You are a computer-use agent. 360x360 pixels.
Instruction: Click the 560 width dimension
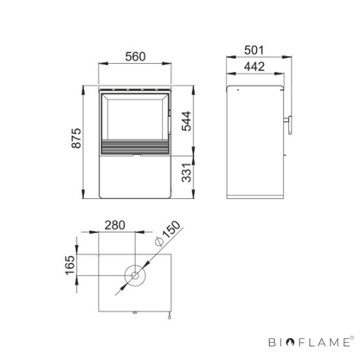click(x=135, y=57)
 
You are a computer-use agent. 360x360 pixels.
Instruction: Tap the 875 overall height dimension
click(x=76, y=138)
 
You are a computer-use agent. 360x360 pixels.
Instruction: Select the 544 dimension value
click(x=186, y=121)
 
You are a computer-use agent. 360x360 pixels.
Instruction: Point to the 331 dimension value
click(x=187, y=172)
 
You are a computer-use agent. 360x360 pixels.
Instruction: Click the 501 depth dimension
click(x=254, y=50)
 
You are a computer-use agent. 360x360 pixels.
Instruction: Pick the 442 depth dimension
click(x=254, y=67)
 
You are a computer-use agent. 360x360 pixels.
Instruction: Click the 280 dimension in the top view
click(x=115, y=225)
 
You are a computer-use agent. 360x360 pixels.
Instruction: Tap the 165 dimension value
click(x=70, y=265)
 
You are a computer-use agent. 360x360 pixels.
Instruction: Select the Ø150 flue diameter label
click(x=168, y=234)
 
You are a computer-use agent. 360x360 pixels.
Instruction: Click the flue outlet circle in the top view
click(x=125, y=275)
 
